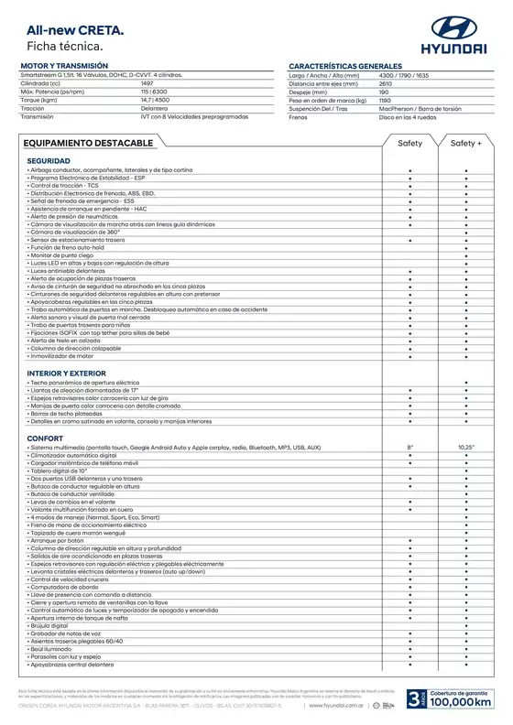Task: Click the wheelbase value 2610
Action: [x=385, y=84]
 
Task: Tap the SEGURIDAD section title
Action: [x=49, y=160]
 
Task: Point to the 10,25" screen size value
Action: [x=466, y=447]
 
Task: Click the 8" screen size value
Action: [x=410, y=447]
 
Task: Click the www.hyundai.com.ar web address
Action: [x=338, y=706]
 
